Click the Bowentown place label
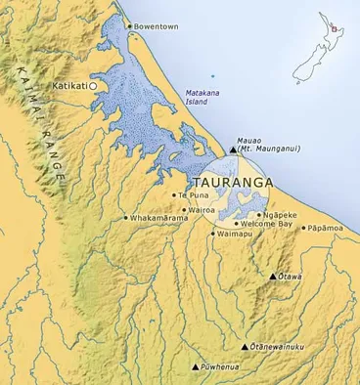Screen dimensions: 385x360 point(156,26)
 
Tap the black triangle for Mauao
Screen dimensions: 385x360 point(232,150)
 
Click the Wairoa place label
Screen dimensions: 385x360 point(201,208)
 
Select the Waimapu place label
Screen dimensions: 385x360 point(234,235)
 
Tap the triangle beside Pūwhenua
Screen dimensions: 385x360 point(194,367)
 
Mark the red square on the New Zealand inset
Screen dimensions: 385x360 point(335,29)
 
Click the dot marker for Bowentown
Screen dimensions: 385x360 point(129,26)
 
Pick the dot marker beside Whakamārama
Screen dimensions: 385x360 point(125,218)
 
